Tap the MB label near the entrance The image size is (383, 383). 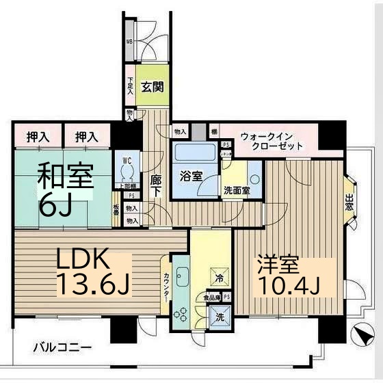pos(129,49)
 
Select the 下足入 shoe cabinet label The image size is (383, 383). pos(130,86)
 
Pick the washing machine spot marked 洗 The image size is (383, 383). pos(220,317)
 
